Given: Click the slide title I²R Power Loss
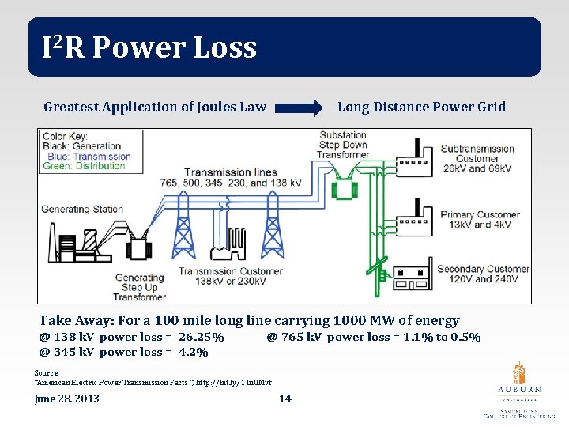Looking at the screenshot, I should coord(149,48).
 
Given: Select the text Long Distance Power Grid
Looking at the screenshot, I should coord(421,107).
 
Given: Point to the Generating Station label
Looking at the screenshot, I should coord(82,210).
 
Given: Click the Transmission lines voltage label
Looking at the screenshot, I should coord(243,178).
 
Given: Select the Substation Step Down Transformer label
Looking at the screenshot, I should coord(343,145).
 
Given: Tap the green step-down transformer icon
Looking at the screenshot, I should coord(344,188).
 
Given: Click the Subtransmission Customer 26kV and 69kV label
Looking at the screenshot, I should coord(477,159).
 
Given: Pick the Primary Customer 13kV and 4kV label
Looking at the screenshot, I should coord(480,219).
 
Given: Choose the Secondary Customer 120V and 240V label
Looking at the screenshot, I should coord(483,274).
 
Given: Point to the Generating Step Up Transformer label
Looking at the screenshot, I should coord(139,287).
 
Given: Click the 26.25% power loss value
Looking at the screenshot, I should coord(201,337).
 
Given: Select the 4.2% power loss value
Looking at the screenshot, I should coord(193,352).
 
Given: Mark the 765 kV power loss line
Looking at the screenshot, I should coord(373,337).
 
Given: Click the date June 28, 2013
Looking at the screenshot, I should coord(67,399).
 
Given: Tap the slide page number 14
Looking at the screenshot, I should coord(285,399).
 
